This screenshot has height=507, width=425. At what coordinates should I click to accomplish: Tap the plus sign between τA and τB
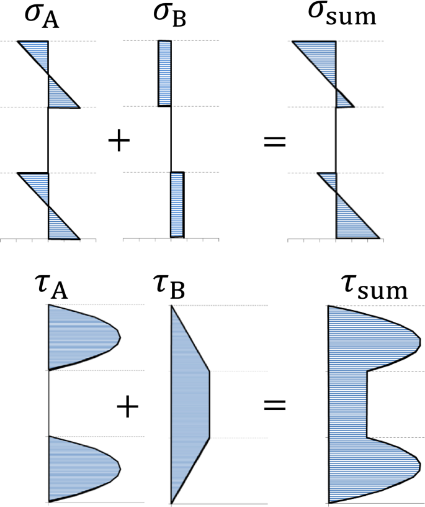[x=128, y=408]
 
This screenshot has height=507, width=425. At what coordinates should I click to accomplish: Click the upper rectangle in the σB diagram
[x=164, y=73]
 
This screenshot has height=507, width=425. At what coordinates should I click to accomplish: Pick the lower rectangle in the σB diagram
[x=177, y=204]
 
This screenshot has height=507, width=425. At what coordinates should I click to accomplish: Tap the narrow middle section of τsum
[x=347, y=404]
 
